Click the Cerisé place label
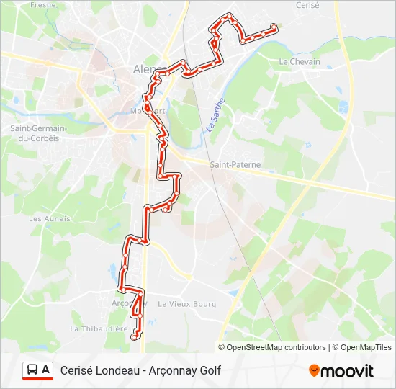[307, 5]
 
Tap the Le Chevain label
[299, 62]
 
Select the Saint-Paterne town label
[235, 165]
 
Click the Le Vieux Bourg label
[186, 305]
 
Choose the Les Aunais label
[50, 218]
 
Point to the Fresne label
[43, 5]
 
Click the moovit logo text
[347, 371]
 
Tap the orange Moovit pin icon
[314, 370]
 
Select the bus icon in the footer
[32, 370]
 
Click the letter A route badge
[46, 370]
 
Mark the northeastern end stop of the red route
[274, 28]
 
